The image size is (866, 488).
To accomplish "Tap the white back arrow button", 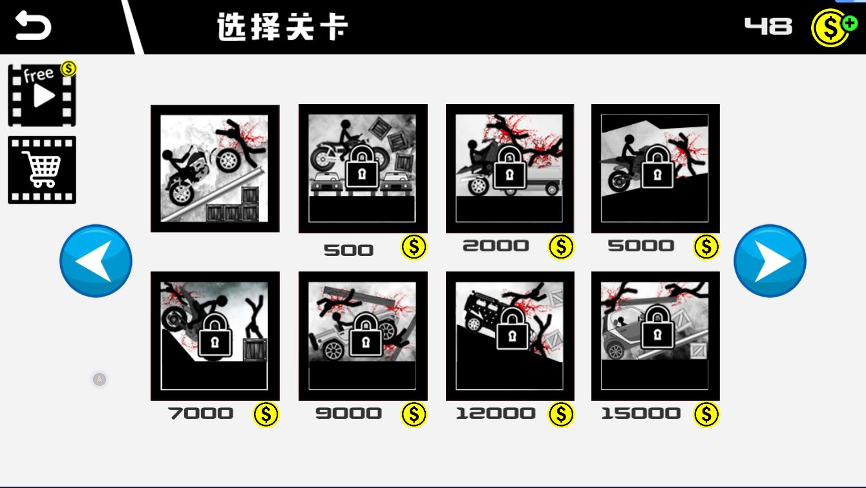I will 33,27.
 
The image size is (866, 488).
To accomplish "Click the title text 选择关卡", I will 282,27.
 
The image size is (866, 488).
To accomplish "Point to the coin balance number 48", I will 768,27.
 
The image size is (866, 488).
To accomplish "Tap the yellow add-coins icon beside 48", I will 832,27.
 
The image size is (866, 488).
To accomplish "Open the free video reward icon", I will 42,95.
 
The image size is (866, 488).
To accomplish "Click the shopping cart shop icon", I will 42,169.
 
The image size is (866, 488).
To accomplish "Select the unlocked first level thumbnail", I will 215,168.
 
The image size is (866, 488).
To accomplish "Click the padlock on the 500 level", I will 363,167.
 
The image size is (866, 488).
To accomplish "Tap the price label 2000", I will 496,246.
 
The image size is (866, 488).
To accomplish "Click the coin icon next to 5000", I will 706,246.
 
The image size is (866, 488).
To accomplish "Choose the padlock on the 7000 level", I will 215,335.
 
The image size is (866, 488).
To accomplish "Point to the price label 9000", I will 348,414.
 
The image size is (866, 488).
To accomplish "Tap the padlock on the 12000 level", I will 511,328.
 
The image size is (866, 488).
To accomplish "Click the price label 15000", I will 640,414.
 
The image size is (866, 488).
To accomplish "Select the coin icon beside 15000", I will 706,414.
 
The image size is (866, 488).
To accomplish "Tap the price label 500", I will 348,250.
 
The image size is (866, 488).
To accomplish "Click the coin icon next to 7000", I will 266,414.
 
